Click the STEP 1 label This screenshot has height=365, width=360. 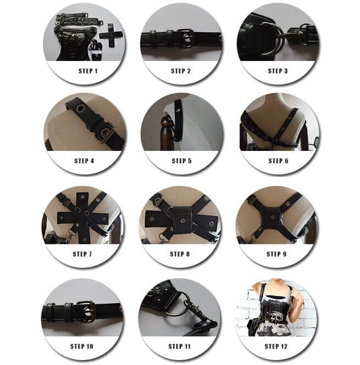(88, 71)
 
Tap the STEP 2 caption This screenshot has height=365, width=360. (181, 71)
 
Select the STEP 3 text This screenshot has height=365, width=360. (278, 71)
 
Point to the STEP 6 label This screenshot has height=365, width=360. (278, 161)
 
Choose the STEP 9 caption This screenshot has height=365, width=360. (276, 254)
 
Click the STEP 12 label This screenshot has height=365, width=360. (276, 346)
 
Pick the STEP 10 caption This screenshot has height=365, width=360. (81, 346)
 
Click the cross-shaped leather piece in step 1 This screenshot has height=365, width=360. (110, 35)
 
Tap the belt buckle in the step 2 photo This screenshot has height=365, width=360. (186, 38)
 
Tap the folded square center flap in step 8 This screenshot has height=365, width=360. (181, 220)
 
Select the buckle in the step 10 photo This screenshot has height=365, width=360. (86, 311)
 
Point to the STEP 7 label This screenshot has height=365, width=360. (82, 254)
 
